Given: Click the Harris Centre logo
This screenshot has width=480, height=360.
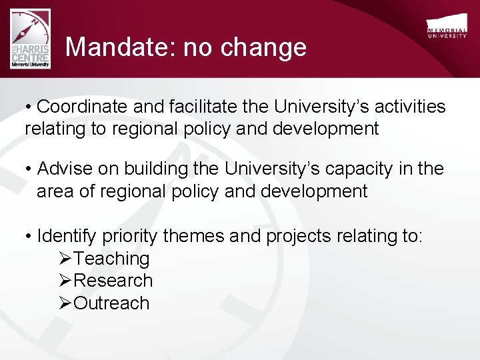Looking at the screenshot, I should coord(30,40).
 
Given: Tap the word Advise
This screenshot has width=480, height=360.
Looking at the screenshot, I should coord(64,169).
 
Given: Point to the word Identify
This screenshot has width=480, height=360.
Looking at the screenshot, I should coord(67,236).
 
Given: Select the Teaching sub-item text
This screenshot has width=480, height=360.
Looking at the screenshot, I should coord(112,259).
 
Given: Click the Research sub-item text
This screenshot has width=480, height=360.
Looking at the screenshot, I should coord(113,281).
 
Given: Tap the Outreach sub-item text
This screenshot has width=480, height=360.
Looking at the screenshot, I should coord(111,303).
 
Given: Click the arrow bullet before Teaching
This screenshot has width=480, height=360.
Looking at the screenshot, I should coord(65,259).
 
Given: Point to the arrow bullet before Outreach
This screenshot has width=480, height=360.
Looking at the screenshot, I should coord(65,303).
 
